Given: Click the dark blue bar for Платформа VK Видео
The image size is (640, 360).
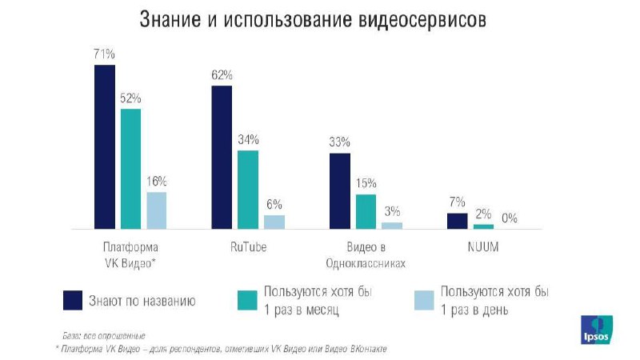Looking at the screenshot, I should coord(104,147).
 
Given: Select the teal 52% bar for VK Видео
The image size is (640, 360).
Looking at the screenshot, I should coord(130,169).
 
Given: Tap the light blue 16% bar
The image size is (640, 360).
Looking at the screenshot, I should coord(156,210).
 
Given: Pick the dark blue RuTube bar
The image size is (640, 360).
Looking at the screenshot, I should coord(222,158).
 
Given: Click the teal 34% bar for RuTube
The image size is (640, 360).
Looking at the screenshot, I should coord(248,190).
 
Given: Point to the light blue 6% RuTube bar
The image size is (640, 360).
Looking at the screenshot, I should coord(274,222).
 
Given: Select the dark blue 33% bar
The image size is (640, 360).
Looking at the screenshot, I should coord(339,190).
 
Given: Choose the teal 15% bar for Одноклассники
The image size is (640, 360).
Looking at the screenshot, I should coord(366,211).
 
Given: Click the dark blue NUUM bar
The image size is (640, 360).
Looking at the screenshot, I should coord(457,221).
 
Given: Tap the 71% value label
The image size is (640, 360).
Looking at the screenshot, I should coord(104,54).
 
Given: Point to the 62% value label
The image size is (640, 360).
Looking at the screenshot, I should coord(222,75).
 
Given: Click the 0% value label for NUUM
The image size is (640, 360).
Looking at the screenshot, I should coord(510,217).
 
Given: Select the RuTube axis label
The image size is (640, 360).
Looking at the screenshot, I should coord(248,247).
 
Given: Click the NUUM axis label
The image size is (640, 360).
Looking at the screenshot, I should coord(483,247).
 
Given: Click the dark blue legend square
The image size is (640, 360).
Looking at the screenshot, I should coord(74,300).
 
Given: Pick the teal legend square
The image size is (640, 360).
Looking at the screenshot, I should coord(246,300).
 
